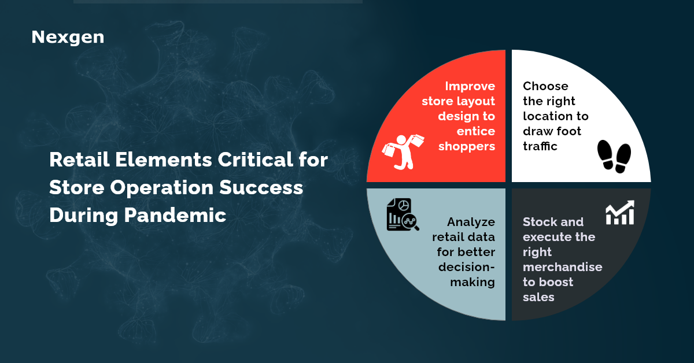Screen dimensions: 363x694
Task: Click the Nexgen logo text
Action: [68, 38]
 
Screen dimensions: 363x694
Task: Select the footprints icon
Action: [614, 156]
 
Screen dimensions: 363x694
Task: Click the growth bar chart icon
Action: [620, 213]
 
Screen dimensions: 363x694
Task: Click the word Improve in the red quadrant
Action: [470, 86]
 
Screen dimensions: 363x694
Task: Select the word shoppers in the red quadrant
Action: [467, 146]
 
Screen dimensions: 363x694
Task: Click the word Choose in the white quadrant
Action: [545, 86]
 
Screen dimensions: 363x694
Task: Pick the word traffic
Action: [540, 146]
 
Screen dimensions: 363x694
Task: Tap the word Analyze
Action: [471, 222]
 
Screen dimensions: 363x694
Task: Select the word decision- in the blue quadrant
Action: [467, 267]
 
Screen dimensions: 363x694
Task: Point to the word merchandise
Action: [562, 267]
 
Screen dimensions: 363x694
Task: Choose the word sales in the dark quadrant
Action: [538, 297]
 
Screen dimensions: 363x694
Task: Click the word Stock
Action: [538, 222]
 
